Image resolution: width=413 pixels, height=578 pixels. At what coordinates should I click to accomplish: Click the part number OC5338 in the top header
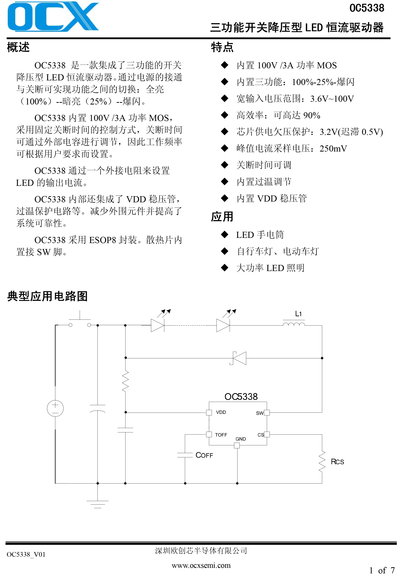tap(367, 8)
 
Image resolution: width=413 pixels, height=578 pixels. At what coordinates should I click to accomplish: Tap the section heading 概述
tap(18, 47)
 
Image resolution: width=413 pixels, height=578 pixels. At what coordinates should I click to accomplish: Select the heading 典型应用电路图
tap(48, 296)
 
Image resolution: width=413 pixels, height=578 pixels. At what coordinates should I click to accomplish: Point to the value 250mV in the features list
tap(333, 149)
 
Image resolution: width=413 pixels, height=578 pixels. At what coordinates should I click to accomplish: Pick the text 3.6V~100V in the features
tap(332, 99)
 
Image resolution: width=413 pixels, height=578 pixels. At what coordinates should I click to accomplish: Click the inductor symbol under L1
tap(294, 324)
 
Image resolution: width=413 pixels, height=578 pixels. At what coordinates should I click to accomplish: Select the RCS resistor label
tap(337, 462)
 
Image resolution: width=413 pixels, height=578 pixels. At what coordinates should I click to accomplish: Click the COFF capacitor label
tap(204, 455)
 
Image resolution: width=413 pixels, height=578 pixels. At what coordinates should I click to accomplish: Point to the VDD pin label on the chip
tap(221, 412)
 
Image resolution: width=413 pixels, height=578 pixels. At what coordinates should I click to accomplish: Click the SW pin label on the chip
tap(260, 413)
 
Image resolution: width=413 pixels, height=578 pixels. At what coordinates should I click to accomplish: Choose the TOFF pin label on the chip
tap(221, 435)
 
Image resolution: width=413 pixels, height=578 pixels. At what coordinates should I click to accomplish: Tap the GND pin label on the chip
tap(241, 439)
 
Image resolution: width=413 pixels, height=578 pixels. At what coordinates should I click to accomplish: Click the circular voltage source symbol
tap(55, 408)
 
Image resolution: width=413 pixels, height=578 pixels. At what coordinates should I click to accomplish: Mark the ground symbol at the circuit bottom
tap(98, 504)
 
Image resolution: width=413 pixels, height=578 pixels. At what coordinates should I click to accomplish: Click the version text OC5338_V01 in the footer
tap(26, 555)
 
